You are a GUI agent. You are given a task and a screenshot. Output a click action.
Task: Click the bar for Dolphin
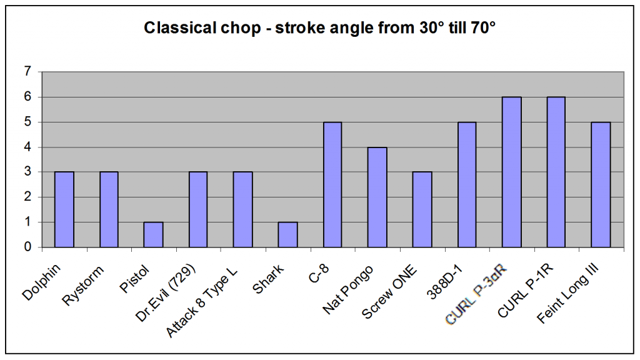(64, 209)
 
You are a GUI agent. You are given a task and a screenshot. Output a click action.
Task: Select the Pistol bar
(153, 235)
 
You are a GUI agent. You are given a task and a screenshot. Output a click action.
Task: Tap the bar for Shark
(287, 235)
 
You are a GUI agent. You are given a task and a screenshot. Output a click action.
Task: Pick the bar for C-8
(332, 184)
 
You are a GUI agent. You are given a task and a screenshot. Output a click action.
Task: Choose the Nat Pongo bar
(377, 197)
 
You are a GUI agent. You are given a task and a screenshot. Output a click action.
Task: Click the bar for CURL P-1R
(556, 172)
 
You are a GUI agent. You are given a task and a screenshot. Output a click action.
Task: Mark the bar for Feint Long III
(601, 184)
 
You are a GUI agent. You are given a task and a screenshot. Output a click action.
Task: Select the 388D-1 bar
(466, 184)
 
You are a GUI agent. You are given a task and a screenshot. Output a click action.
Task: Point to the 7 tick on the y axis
(27, 72)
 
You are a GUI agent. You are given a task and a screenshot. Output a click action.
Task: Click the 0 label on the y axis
(27, 247)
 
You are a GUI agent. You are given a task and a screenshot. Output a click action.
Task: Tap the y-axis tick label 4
(27, 147)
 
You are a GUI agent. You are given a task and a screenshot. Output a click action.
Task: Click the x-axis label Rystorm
(83, 285)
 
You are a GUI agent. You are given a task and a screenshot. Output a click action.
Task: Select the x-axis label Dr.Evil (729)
(165, 292)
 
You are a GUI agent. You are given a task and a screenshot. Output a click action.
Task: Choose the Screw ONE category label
(389, 291)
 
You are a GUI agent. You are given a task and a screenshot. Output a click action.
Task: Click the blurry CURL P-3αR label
(476, 294)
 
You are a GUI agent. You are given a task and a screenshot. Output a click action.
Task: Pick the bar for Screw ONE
(422, 209)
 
